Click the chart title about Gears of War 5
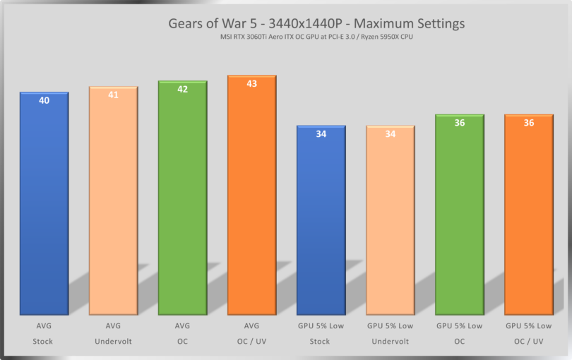[x=316, y=23]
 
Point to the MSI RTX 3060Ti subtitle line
[x=316, y=37]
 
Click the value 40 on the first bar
[x=44, y=101]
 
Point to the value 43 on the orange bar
[x=251, y=84]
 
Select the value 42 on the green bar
[x=182, y=90]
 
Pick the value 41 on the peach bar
[x=113, y=95]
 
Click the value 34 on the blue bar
[x=321, y=134]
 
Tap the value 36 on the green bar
[x=459, y=123]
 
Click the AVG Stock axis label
[x=44, y=333]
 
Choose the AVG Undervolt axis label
[x=113, y=333]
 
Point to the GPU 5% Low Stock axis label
[x=321, y=333]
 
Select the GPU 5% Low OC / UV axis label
[x=528, y=333]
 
